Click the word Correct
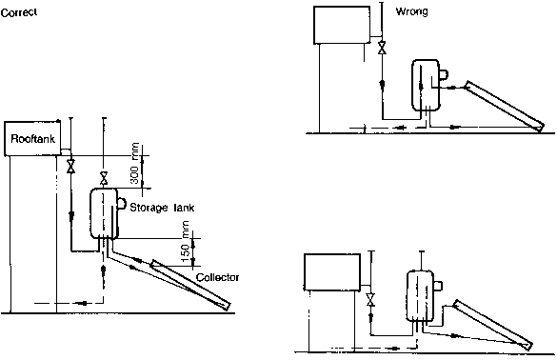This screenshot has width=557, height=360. [x=19, y=12]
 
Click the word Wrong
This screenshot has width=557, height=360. [x=411, y=11]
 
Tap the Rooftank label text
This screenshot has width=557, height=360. [x=33, y=139]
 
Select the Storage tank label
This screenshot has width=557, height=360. [x=162, y=208]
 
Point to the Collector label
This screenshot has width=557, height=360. [x=217, y=277]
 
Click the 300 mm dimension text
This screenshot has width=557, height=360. [x=134, y=163]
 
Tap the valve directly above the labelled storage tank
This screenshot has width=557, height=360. [x=104, y=178]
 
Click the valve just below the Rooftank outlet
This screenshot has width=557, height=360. [x=71, y=167]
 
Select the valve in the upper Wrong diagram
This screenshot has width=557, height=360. [x=382, y=48]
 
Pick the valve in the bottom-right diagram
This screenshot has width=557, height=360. [x=371, y=299]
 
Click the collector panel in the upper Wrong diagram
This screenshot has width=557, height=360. [x=505, y=106]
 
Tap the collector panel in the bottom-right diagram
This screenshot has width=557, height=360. [x=492, y=325]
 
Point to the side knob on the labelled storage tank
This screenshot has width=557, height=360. [x=122, y=204]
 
